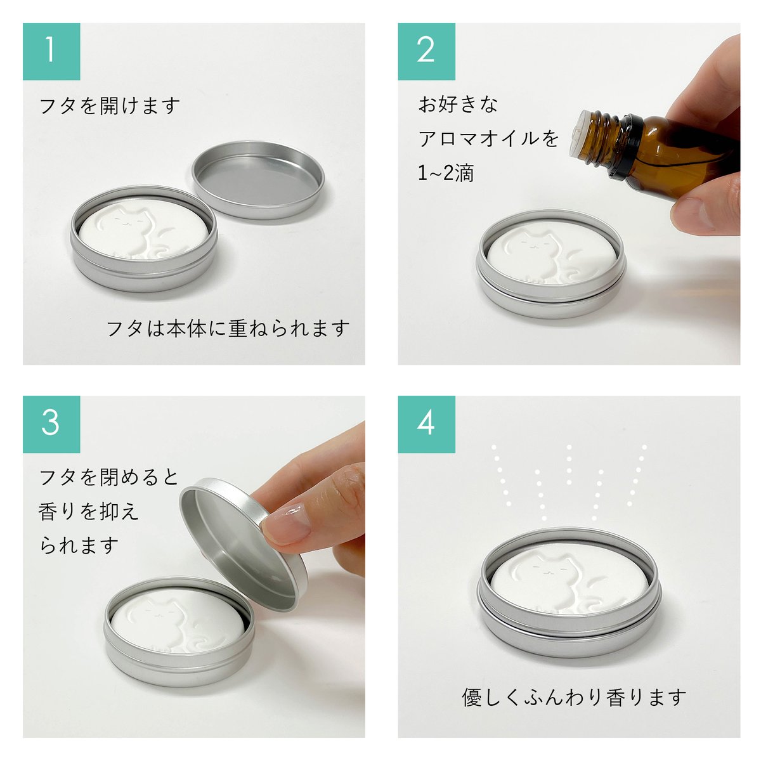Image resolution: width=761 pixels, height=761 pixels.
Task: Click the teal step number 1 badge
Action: tap(51, 51)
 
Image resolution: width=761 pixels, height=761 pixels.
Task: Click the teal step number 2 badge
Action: tap(426, 51)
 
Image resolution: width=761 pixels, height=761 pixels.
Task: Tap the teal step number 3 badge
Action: tap(51, 424)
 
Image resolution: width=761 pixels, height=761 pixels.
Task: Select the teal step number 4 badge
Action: tap(426, 424)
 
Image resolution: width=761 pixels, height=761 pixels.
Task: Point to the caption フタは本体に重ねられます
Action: tap(228, 328)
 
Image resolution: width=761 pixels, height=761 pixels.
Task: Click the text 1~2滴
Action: tap(446, 173)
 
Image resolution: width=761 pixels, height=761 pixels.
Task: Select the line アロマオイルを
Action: tap(488, 139)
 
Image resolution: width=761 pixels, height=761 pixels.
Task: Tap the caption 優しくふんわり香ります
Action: tap(575, 698)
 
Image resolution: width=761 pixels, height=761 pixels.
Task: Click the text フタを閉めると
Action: tap(110, 477)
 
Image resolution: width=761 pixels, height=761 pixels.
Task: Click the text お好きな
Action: tap(458, 104)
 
